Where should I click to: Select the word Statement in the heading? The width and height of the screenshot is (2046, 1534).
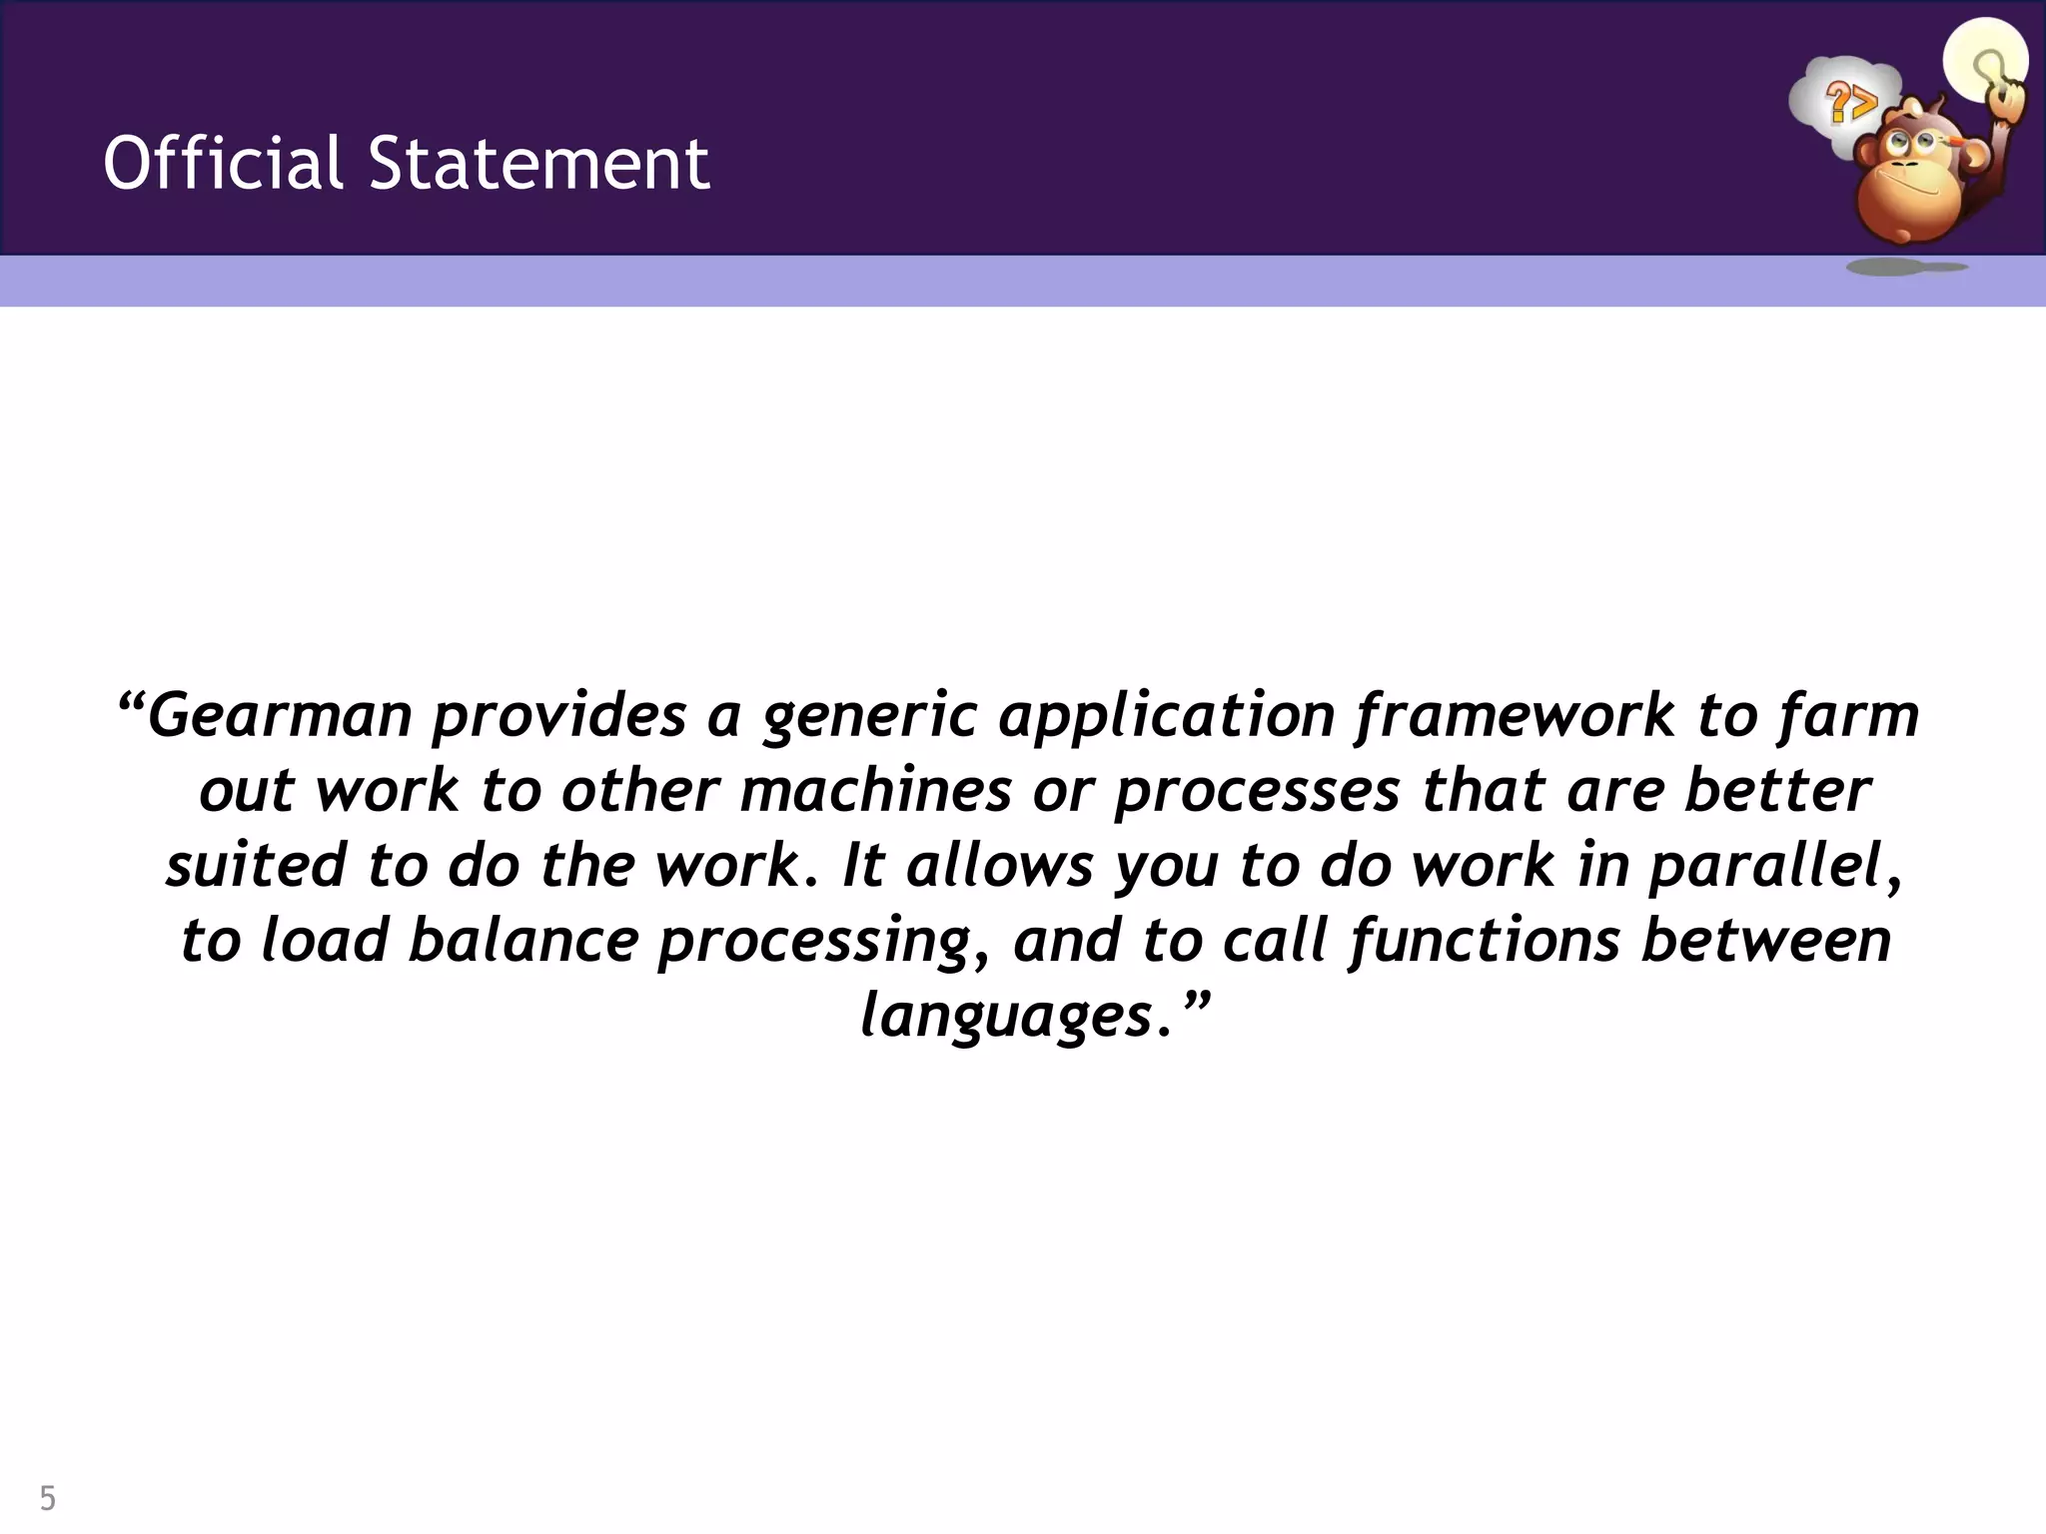(x=539, y=163)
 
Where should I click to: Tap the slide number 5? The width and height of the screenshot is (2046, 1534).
(x=48, y=1498)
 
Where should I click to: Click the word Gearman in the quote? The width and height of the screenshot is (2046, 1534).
(x=281, y=715)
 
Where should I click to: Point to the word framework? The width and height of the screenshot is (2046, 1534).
(x=1515, y=715)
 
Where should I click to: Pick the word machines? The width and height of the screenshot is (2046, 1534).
(x=876, y=790)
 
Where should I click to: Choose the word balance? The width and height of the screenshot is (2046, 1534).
(x=523, y=940)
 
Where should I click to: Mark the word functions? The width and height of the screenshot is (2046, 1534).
(x=1485, y=940)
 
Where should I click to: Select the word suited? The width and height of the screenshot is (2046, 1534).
(x=255, y=865)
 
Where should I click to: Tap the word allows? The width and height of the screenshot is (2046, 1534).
(x=1000, y=865)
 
